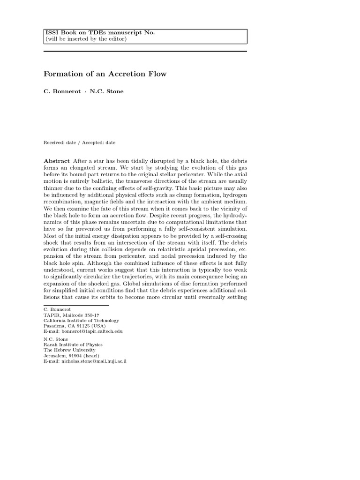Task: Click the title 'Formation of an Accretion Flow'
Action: pyautogui.click(x=105, y=74)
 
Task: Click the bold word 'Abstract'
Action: pyautogui.click(x=57, y=160)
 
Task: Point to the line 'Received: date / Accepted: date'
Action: pyautogui.click(x=80, y=142)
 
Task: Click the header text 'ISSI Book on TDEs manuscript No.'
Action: pyautogui.click(x=100, y=32)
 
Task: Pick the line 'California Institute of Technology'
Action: pyautogui.click(x=81, y=321)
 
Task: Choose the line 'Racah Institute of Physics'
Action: pyautogui.click(x=73, y=345)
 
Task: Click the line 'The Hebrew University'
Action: pyautogui.click(x=69, y=350)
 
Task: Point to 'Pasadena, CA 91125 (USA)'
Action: pyautogui.click(x=75, y=326)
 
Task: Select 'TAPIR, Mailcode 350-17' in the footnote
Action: pyautogui.click(x=71, y=315)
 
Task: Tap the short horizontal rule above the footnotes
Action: pyautogui.click(x=76, y=305)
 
